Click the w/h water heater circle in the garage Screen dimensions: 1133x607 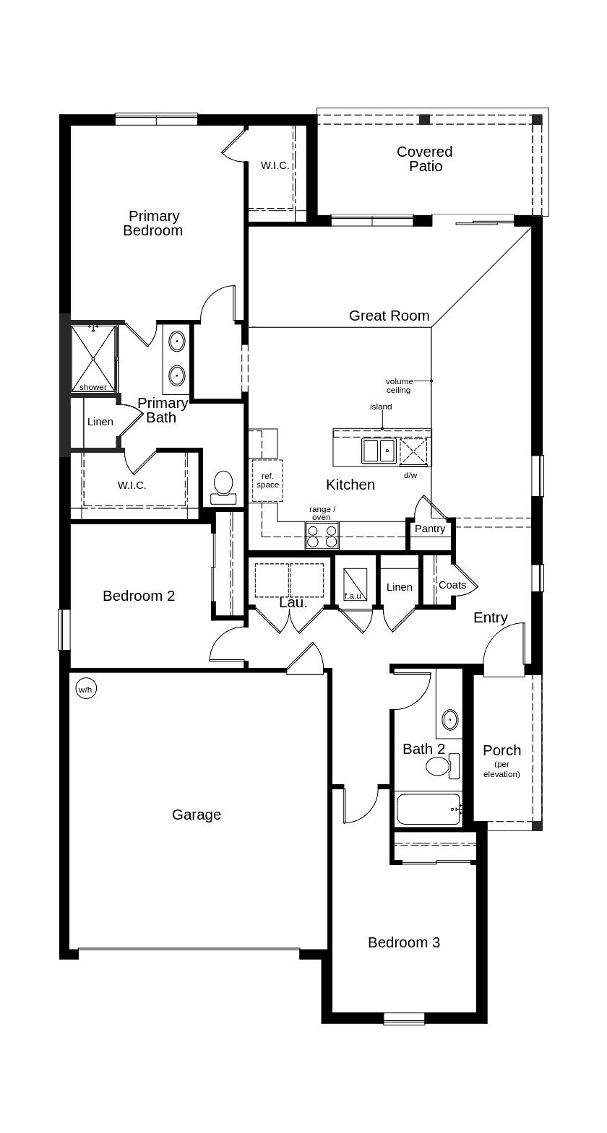[x=85, y=690]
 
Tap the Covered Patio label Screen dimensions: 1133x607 [x=425, y=159]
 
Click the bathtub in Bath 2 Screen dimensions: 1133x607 [x=428, y=809]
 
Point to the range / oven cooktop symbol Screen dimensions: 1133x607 [x=322, y=536]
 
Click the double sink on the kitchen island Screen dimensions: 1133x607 [x=379, y=451]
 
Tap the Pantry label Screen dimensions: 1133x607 [x=430, y=529]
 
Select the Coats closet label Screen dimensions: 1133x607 [x=452, y=585]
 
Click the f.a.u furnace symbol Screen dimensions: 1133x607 [x=354, y=583]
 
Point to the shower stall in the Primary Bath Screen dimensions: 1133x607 [x=93, y=357]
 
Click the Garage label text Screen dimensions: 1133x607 [x=197, y=815]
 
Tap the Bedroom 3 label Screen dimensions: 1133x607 [x=403, y=942]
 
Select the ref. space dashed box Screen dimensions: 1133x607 [x=267, y=480]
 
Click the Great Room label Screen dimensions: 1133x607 [x=389, y=316]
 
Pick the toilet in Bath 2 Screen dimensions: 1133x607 [x=439, y=766]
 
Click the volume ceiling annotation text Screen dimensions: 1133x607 [x=399, y=386]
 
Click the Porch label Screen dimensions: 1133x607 [x=501, y=750]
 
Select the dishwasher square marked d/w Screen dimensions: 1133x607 [x=414, y=451]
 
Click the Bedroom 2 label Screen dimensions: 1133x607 [x=139, y=596]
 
